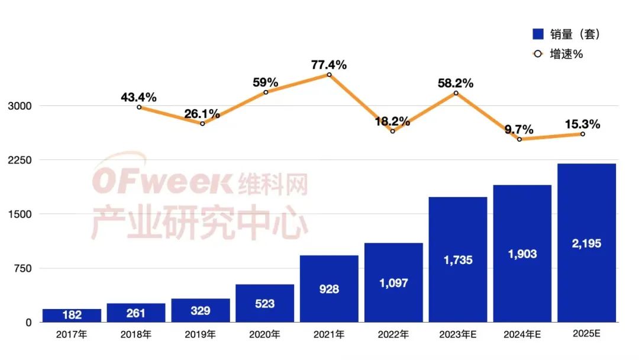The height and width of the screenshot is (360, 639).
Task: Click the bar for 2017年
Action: click(72, 316)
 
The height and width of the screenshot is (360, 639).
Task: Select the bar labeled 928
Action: click(329, 289)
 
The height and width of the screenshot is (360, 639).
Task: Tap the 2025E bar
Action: click(587, 243)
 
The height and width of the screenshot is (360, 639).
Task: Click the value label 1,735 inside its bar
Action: click(458, 259)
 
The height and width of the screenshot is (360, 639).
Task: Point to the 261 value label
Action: click(136, 313)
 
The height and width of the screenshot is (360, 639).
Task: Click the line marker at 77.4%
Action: click(329, 75)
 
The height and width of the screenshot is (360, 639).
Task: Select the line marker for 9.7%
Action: click(519, 139)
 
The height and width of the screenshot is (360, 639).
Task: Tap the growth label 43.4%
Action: click(138, 97)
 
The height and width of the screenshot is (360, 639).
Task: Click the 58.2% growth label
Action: click(455, 83)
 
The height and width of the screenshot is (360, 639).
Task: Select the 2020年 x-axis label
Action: click(264, 335)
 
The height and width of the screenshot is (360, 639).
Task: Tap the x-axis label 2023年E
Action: click(458, 335)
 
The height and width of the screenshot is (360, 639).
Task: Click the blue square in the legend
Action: click(538, 34)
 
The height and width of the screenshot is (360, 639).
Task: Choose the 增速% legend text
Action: click(566, 54)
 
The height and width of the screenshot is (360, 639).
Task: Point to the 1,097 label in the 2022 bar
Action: click(393, 283)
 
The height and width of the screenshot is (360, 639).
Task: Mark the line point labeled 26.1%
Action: click(202, 123)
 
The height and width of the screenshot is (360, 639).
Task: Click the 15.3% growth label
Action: click(582, 124)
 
